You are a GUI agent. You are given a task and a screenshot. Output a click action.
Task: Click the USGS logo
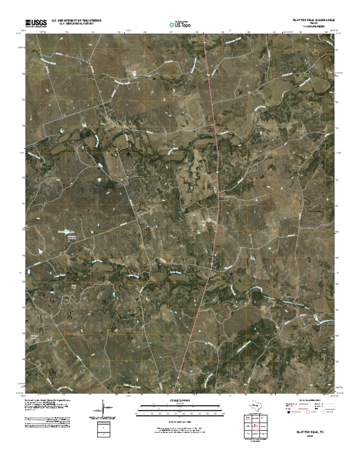tap(35, 23)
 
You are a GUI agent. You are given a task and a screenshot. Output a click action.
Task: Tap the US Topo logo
tap(180, 24)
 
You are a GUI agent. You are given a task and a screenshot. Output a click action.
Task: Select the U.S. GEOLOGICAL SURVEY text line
tap(74, 24)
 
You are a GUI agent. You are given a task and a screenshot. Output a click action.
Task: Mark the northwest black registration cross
tap(128, 153)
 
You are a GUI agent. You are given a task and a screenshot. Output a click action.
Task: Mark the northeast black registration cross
tap(231, 153)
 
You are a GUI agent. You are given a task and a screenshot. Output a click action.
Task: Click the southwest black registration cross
tap(128, 272)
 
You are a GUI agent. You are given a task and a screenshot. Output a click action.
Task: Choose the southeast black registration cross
tap(231, 272)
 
